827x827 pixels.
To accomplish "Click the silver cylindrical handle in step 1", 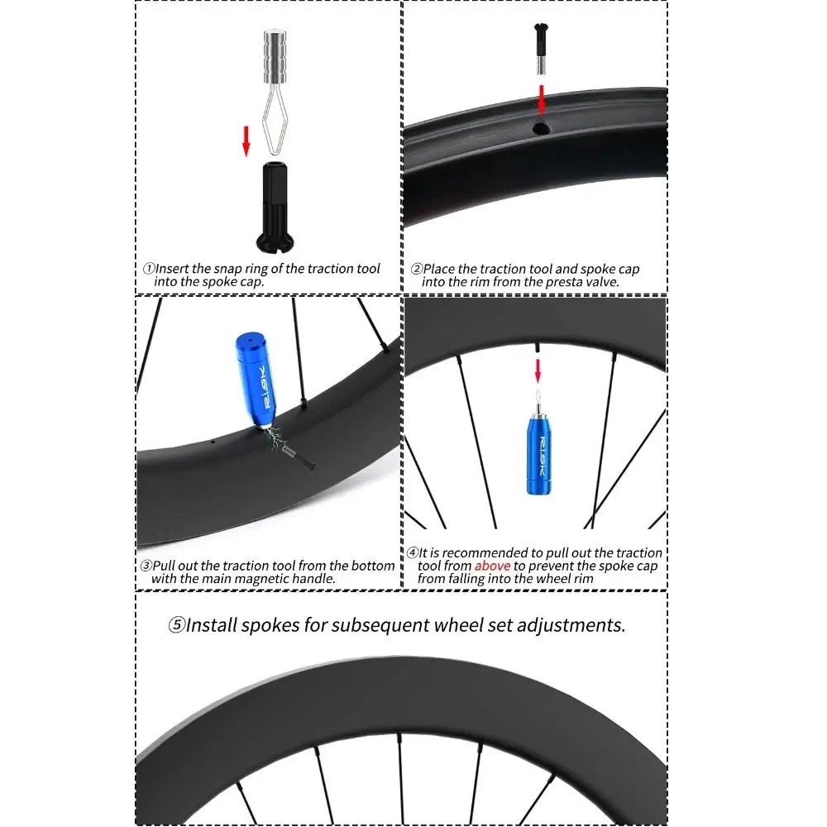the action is [275, 57].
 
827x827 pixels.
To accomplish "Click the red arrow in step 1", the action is [246, 141].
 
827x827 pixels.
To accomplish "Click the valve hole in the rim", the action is [541, 128].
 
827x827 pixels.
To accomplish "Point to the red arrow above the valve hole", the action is [541, 100].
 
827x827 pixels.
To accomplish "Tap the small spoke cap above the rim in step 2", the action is [541, 49].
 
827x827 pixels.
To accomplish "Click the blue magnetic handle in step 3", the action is [256, 379].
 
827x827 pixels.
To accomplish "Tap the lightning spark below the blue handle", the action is [275, 437].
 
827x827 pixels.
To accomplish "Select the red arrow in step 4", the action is [538, 370].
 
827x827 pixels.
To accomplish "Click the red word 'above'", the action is [493, 566].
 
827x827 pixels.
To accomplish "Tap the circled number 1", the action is [149, 269].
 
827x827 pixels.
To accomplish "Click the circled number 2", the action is [417, 269].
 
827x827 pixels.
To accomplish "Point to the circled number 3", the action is [146, 566].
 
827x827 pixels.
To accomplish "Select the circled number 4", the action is [413, 552].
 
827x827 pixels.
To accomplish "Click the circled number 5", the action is [177, 625].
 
